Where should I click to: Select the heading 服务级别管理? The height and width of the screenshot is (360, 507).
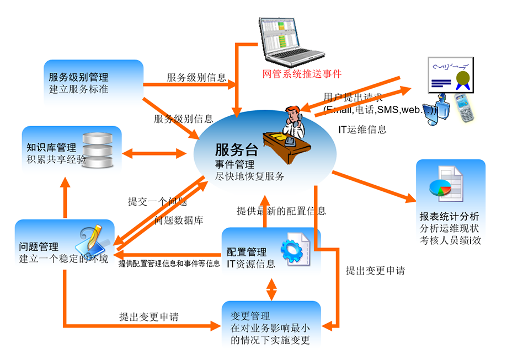78,78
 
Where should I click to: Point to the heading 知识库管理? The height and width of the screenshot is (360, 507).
51,148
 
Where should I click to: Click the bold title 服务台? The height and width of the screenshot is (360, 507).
232,150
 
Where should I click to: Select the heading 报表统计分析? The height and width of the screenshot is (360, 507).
449,216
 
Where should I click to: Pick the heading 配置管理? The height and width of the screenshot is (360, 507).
247,252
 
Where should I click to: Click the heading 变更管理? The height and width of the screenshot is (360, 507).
249,316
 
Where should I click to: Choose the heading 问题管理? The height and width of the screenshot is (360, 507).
39,247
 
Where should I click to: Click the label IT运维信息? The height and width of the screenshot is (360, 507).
362,130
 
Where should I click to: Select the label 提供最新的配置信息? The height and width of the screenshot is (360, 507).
281,211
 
